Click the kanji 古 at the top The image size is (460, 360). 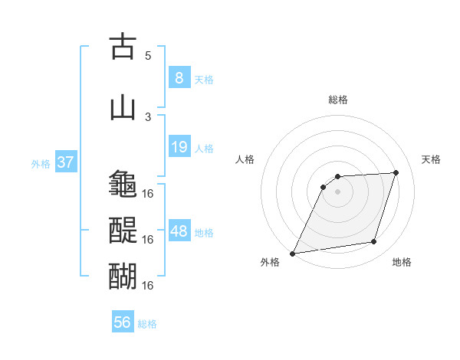[123, 47]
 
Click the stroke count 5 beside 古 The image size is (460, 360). [148, 55]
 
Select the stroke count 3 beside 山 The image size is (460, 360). [148, 116]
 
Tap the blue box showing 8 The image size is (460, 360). [179, 78]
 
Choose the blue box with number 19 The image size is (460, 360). [179, 147]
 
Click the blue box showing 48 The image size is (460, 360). [179, 231]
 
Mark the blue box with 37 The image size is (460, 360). [65, 162]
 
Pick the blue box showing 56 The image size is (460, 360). [123, 322]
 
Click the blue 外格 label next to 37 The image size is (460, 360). [41, 163]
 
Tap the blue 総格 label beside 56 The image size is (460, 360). [147, 323]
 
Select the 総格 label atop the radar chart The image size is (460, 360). [337, 100]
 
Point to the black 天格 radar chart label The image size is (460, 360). [432, 159]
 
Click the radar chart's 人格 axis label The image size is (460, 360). [245, 159]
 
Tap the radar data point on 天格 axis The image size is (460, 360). [396, 172]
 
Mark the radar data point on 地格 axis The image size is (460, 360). [374, 242]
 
